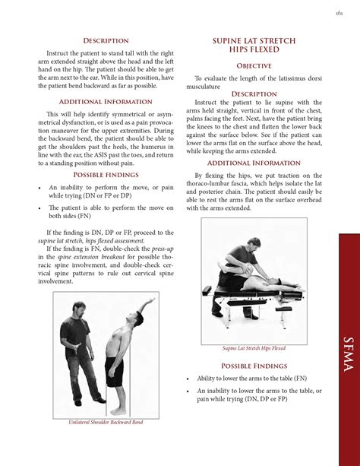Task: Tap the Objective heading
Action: pos(254,66)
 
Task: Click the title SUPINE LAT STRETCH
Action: pos(254,40)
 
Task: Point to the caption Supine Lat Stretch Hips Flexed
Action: pos(254,348)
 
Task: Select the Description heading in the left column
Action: pos(106,40)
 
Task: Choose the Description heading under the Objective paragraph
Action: pos(254,94)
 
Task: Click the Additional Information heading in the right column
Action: pos(254,163)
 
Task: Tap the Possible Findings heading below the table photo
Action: pos(254,366)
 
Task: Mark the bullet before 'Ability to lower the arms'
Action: pos(188,378)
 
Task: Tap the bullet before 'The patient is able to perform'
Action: pos(39,206)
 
